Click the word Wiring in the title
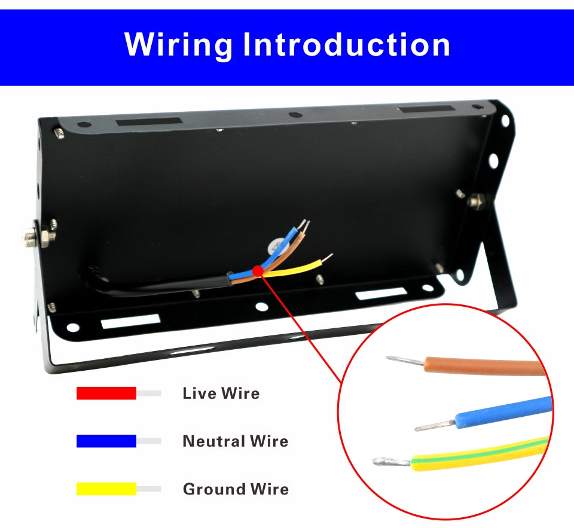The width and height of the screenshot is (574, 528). click(x=178, y=44)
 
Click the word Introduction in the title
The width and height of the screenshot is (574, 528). click(x=346, y=44)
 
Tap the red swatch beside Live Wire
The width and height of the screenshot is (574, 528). click(x=106, y=393)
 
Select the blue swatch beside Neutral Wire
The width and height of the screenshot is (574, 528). click(x=106, y=441)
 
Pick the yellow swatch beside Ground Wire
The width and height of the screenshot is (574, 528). click(x=106, y=489)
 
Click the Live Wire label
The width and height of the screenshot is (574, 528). click(x=221, y=393)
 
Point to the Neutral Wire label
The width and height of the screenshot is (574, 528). click(x=235, y=441)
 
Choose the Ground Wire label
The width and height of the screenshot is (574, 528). click(x=235, y=489)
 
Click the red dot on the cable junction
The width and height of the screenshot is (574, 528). click(x=258, y=271)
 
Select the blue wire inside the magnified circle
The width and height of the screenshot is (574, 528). click(x=502, y=413)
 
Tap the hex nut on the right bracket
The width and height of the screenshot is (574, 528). click(x=477, y=201)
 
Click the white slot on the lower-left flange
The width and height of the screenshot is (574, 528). click(x=130, y=321)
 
